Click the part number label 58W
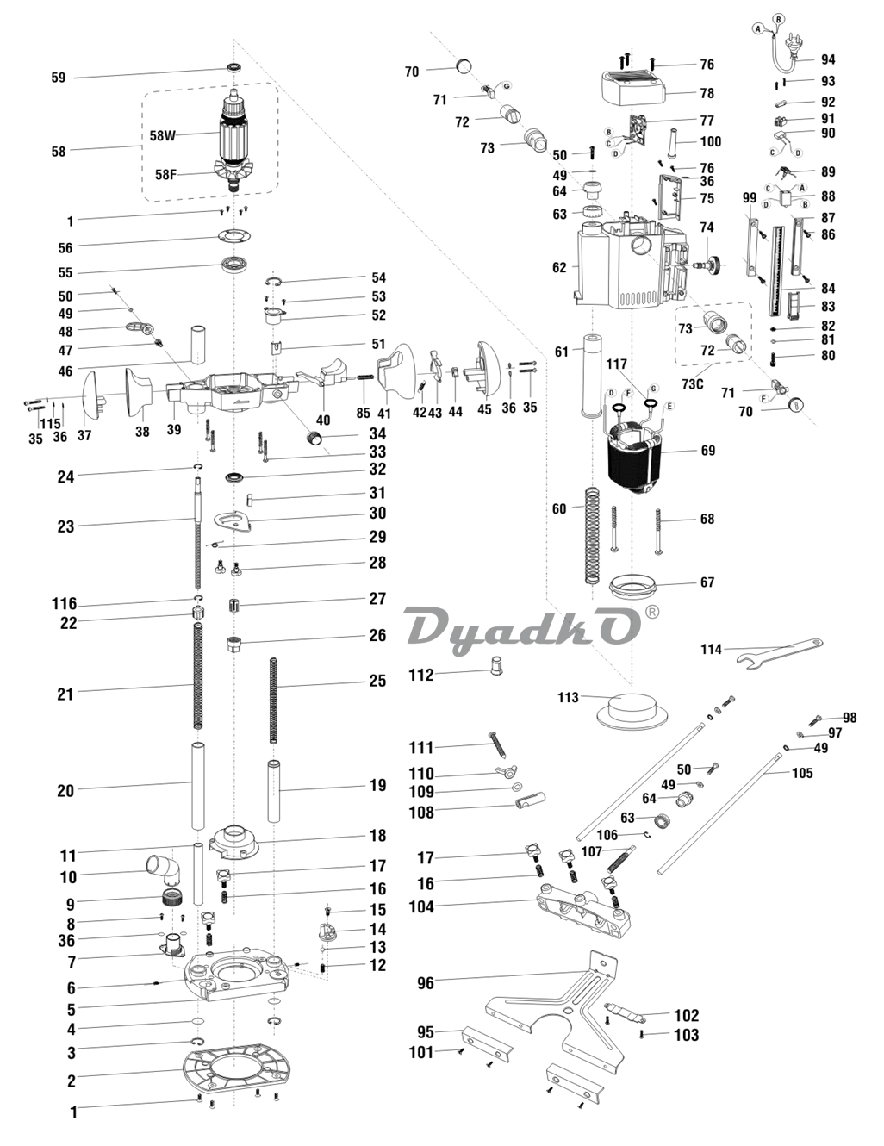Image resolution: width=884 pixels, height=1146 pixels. tap(162, 135)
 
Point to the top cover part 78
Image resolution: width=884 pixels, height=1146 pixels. tap(633, 86)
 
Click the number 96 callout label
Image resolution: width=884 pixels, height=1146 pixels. tap(426, 982)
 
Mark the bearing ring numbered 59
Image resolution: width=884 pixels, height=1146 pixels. tap(233, 68)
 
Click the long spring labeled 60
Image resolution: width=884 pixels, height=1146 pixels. tap(591, 534)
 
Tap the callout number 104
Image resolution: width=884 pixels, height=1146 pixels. tap(421, 906)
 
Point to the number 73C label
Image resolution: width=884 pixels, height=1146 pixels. tap(693, 383)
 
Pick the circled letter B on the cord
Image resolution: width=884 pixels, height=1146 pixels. tap(779, 18)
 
